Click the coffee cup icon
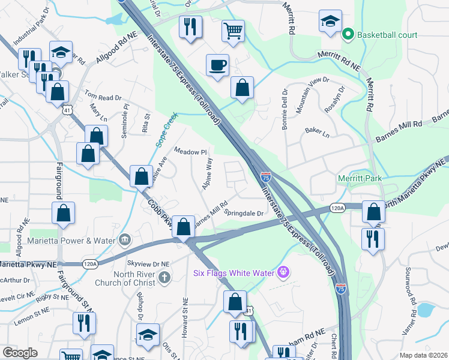click(x=217, y=65)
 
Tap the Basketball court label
click(x=387, y=35)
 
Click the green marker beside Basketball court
click(x=347, y=35)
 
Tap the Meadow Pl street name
click(x=190, y=152)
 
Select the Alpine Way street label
click(x=208, y=173)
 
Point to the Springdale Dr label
click(x=244, y=213)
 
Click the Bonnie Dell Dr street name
click(x=285, y=103)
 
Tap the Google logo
click(x=20, y=353)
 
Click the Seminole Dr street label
click(x=125, y=120)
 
